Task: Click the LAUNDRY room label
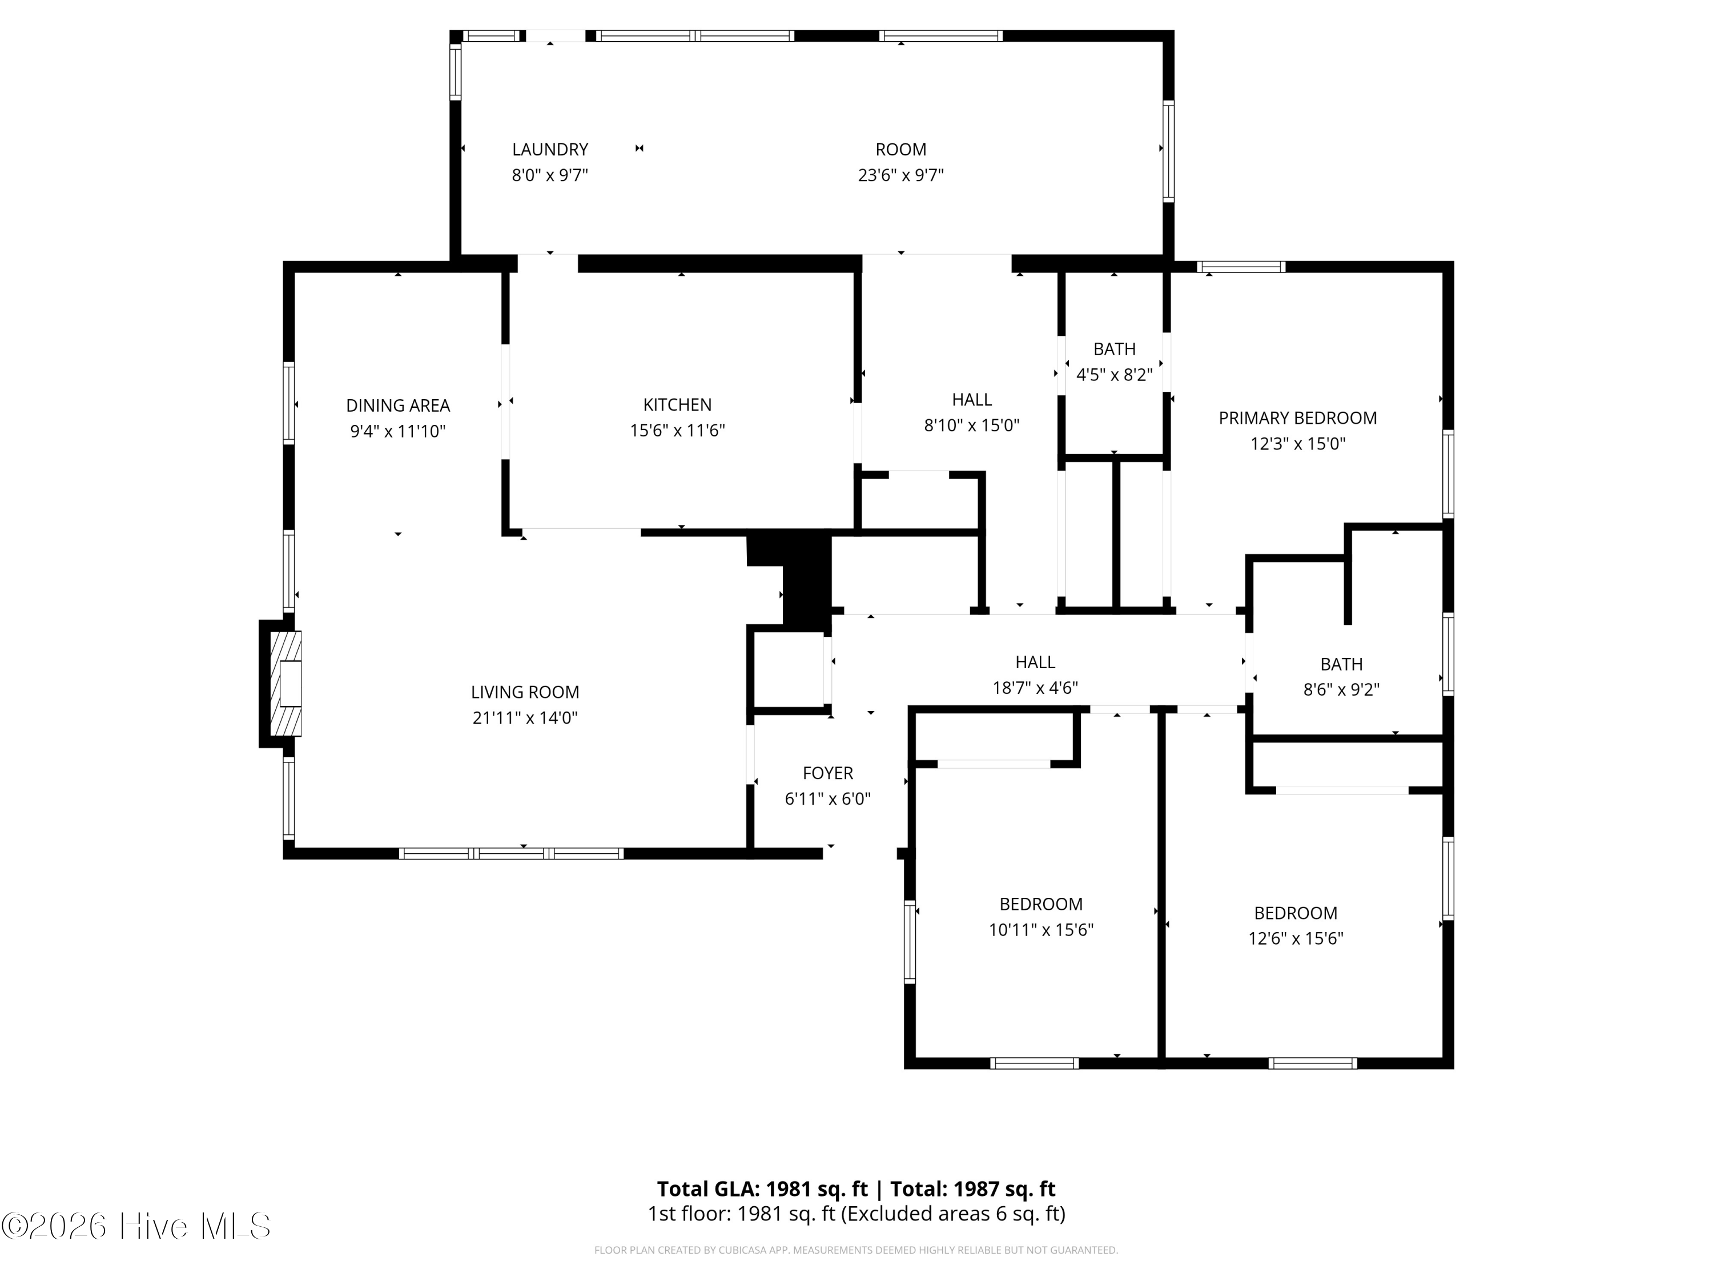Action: click(x=550, y=150)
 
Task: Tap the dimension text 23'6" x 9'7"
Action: click(x=900, y=175)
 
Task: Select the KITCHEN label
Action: click(x=678, y=404)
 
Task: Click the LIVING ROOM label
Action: click(x=525, y=692)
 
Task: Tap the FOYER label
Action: click(x=828, y=773)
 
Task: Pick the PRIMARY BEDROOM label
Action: click(x=1298, y=418)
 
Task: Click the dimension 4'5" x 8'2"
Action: click(x=1115, y=375)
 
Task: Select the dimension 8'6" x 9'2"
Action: click(x=1341, y=689)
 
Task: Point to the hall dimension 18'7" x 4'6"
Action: click(x=1035, y=688)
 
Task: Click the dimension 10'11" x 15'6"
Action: click(x=1041, y=929)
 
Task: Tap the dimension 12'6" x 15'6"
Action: click(x=1296, y=938)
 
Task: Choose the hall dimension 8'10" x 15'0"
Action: click(x=972, y=425)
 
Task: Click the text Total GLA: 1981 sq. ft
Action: click(x=763, y=1189)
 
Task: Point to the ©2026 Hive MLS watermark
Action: click(x=136, y=1226)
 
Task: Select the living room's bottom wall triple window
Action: click(x=511, y=854)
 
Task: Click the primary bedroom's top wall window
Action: click(x=1241, y=267)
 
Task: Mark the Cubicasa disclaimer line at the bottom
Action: click(x=856, y=1250)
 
